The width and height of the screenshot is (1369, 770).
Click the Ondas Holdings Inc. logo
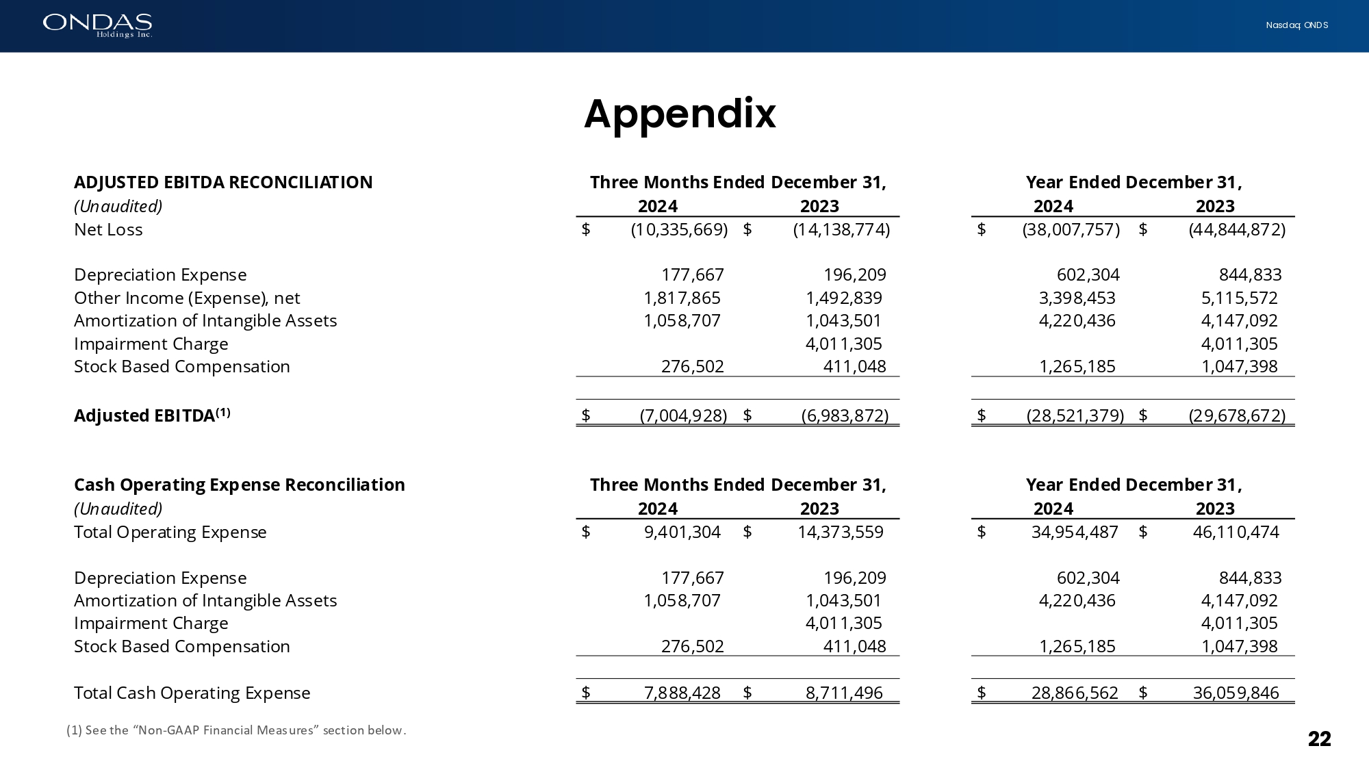97,25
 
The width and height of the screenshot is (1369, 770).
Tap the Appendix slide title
680,114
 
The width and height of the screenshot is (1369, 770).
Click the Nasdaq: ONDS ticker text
1296,25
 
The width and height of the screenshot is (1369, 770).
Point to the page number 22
1319,739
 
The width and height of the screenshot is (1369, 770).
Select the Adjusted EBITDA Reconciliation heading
223,182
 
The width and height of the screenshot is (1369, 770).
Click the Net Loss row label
108,229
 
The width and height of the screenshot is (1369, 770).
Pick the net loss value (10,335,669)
679,229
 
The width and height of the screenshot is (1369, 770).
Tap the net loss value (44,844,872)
1237,229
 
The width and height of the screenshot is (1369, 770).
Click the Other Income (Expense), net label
187,298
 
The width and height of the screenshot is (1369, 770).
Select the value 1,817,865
682,298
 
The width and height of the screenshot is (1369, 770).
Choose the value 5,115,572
1239,298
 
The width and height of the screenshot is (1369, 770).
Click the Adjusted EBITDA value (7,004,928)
683,415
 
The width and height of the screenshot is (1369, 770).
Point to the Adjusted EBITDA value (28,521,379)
1075,415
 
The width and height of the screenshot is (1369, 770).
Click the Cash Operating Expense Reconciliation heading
240,485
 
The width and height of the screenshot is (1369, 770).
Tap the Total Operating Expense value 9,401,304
682,532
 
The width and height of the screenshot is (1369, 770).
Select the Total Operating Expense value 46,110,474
1236,532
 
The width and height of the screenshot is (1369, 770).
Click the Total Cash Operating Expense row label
192,693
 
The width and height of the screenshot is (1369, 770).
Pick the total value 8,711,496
844,693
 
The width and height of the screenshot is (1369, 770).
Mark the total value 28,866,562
1075,693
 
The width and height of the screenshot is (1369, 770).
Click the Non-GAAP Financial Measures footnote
236,730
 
